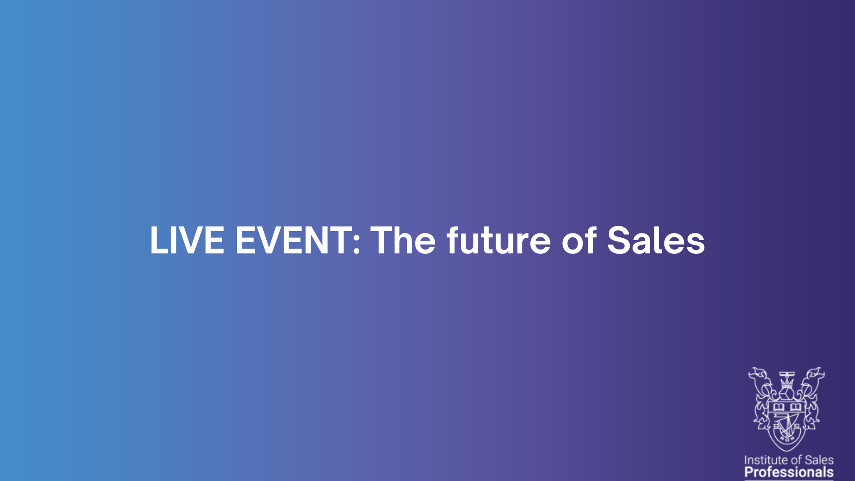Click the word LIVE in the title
pyautogui.click(x=187, y=240)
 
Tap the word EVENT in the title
pyautogui.click(x=293, y=240)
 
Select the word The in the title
pyautogui.click(x=403, y=240)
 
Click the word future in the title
pyautogui.click(x=499, y=240)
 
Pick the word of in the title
pyautogui.click(x=579, y=240)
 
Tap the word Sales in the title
pyautogui.click(x=656, y=240)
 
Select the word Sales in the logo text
pyautogui.click(x=819, y=460)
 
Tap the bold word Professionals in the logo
pyautogui.click(x=789, y=472)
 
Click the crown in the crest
pyautogui.click(x=787, y=382)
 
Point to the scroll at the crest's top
pyautogui.click(x=787, y=374)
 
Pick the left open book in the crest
pyautogui.click(x=778, y=407)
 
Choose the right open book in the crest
pyautogui.click(x=795, y=407)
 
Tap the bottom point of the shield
pyautogui.click(x=787, y=451)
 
